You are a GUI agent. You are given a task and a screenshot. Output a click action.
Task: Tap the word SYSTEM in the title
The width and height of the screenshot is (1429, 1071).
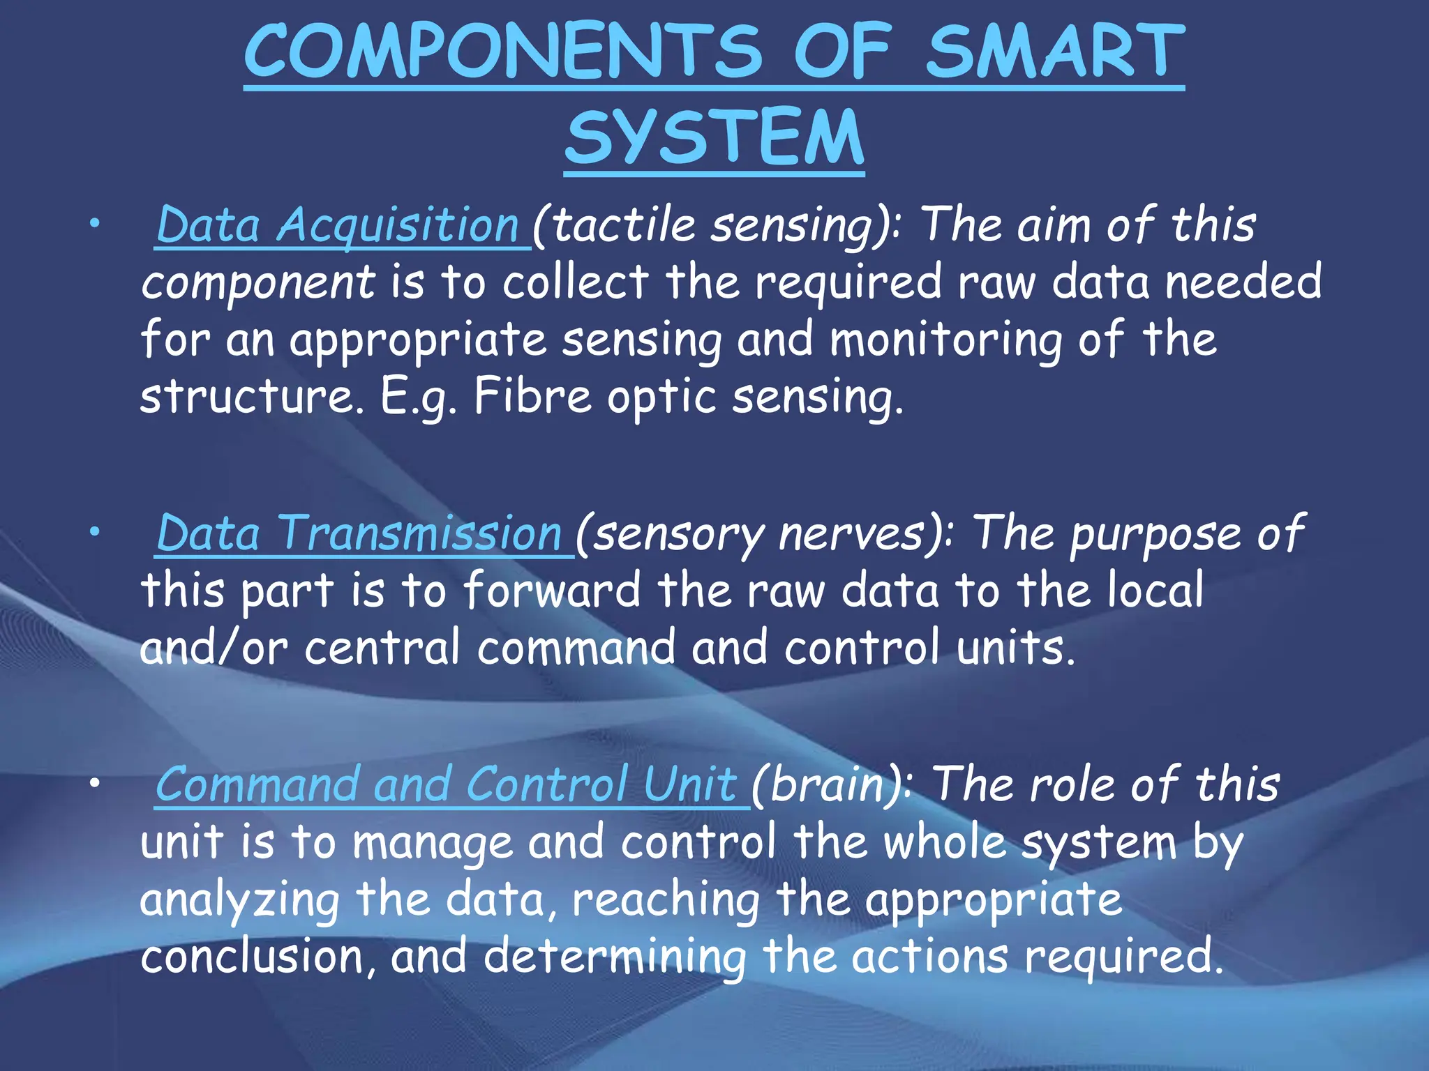pyautogui.click(x=714, y=137)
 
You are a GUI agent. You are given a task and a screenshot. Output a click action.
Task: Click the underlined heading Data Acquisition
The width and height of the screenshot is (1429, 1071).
pyautogui.click(x=338, y=225)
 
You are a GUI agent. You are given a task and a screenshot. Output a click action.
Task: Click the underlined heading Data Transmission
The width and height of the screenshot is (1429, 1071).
pyautogui.click(x=359, y=533)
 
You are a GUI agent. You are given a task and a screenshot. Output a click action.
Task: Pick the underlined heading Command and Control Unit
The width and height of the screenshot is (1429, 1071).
pyautogui.click(x=447, y=784)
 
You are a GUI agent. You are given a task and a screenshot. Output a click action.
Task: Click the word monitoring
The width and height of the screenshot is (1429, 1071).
pyautogui.click(x=946, y=340)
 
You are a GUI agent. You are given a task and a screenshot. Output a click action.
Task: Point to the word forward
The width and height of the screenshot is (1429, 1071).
pyautogui.click(x=551, y=590)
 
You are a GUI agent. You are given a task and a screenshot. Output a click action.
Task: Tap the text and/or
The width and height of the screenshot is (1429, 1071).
pyautogui.click(x=214, y=647)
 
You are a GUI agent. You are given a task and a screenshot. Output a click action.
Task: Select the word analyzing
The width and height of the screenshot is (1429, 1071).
pyautogui.click(x=239, y=900)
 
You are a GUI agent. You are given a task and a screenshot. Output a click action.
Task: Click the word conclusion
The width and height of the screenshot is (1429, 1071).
pyautogui.click(x=251, y=956)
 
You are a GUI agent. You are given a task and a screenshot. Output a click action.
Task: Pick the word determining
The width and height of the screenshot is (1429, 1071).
pyautogui.click(x=614, y=957)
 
